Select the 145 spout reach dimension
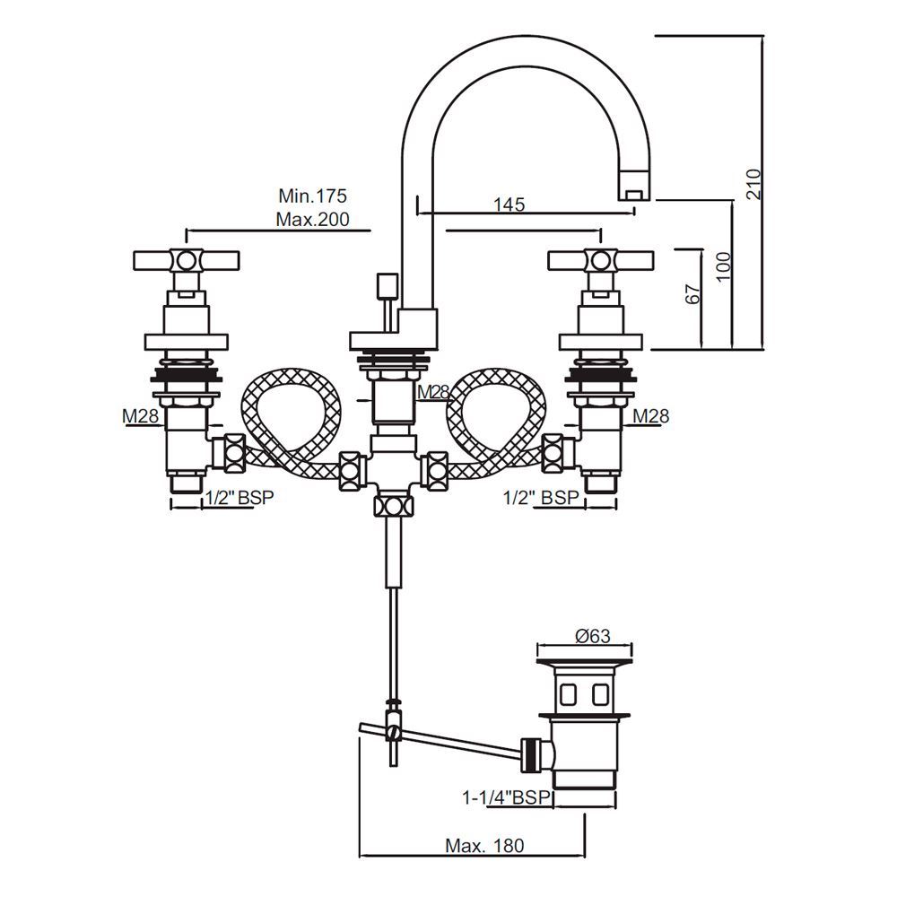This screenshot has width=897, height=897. tap(509, 205)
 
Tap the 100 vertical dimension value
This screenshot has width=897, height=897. tap(724, 268)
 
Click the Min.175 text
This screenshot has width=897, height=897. tap(312, 196)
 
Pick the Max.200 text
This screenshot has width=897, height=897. tap(312, 218)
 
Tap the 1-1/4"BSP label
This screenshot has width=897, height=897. tap(505, 796)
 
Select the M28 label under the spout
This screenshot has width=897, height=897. tap(433, 392)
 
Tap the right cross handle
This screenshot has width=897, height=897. tap(600, 261)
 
